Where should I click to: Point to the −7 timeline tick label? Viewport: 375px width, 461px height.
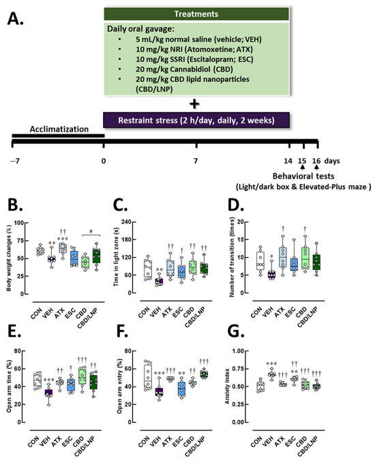point(14,162)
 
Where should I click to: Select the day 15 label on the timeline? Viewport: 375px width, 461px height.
point(301,162)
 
